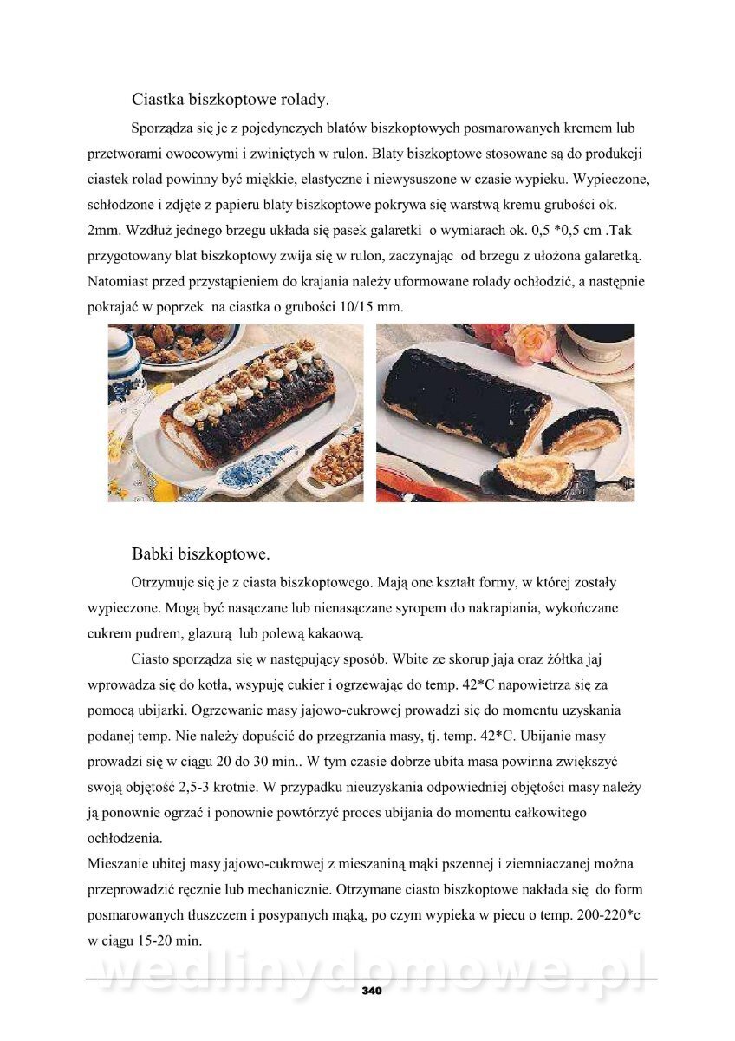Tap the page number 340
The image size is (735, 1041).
pos(372,991)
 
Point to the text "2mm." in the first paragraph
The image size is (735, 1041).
pos(105,232)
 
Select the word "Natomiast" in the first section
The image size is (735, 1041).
pos(119,282)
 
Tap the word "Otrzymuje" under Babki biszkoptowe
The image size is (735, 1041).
pos(164,582)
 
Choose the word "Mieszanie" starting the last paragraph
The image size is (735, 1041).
pos(120,863)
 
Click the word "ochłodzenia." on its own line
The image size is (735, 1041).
pos(125,838)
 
